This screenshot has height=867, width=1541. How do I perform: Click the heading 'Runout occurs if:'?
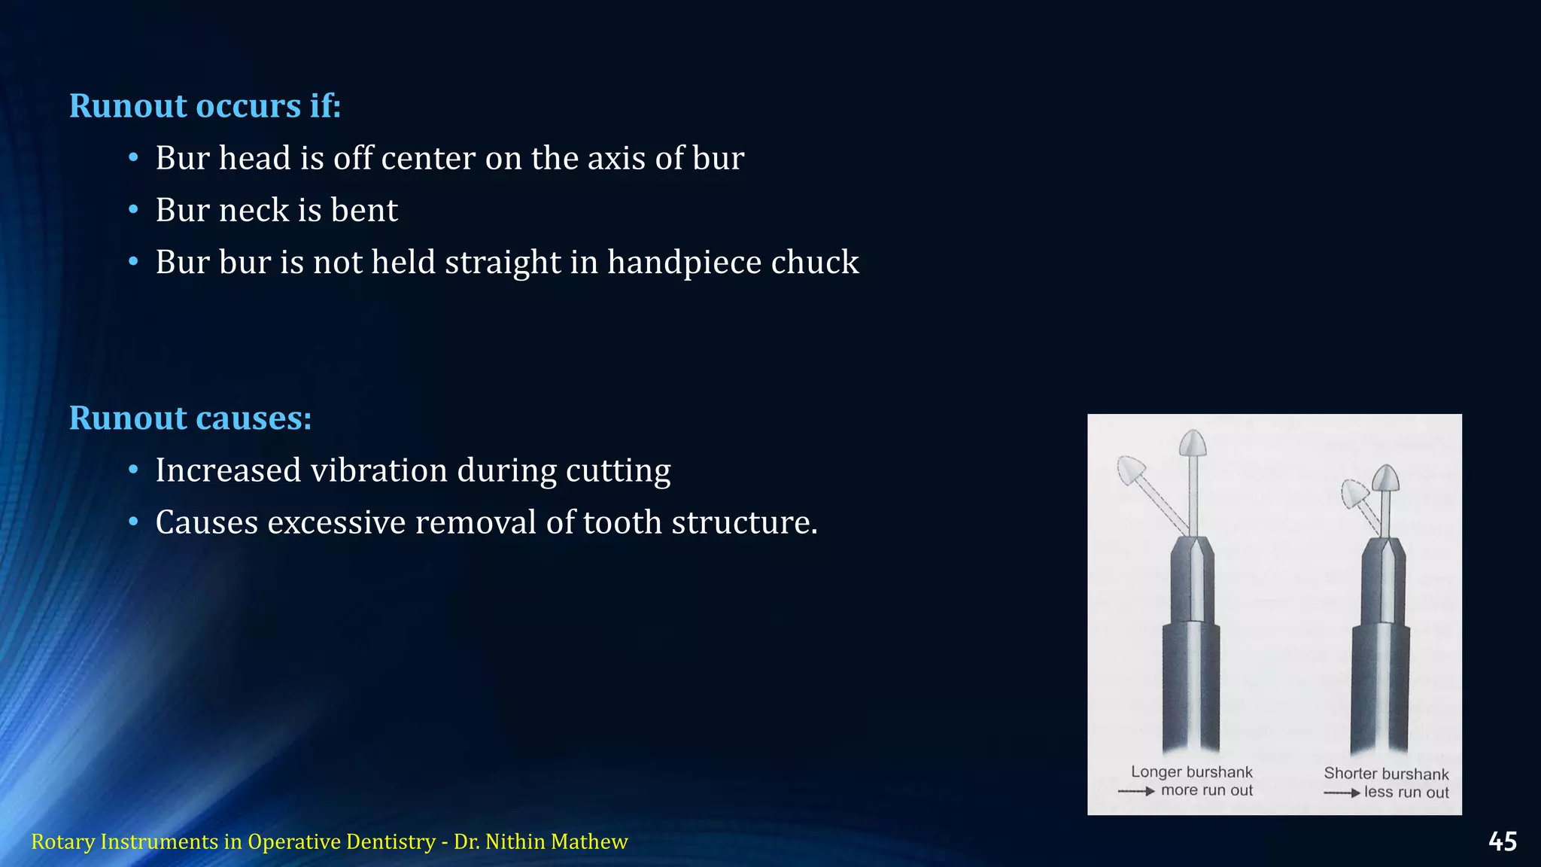205,106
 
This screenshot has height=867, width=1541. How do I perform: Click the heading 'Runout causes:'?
190,418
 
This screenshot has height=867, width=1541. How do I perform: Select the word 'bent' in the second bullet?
364,211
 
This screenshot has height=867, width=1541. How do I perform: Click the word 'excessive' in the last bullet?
336,523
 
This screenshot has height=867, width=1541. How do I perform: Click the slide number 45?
1502,841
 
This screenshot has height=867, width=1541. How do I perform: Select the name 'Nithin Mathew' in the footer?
556,841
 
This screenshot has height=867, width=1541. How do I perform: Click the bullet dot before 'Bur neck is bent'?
133,210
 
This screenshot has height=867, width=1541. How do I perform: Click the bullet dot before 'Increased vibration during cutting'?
133,470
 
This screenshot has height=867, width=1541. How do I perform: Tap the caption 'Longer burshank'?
1191,772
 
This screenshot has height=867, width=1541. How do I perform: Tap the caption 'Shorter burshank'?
1386,774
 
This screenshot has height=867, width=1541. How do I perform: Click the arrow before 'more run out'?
1136,791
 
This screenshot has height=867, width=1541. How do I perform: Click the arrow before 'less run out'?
1342,792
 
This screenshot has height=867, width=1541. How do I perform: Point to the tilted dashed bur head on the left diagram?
1130,471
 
